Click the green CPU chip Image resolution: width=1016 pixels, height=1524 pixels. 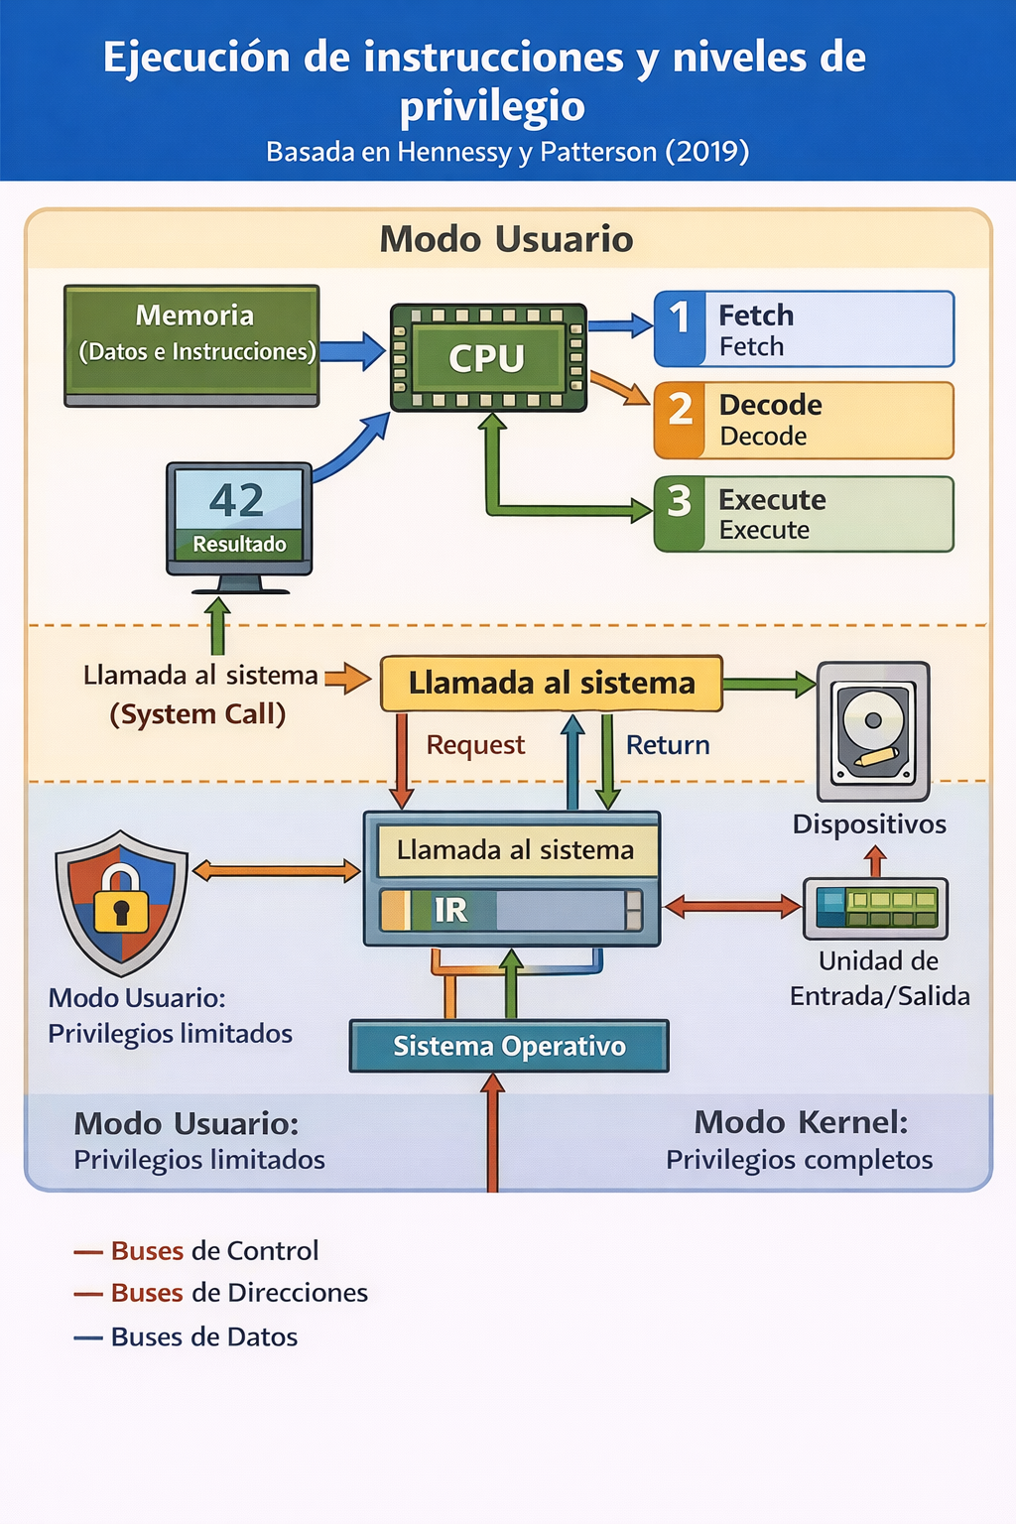488,358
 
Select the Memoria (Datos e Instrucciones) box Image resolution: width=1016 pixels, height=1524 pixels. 191,345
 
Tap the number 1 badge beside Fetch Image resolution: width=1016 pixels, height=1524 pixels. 679,329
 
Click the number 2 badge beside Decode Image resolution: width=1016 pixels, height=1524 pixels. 679,420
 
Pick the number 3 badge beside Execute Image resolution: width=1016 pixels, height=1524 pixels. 679,514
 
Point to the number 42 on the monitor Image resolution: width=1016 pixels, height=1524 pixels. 236,500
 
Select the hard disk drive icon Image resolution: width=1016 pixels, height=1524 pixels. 873,731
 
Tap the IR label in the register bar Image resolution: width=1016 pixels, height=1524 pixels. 450,910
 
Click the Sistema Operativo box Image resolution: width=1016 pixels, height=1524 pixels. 509,1046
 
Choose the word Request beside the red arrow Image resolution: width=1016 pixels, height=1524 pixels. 475,745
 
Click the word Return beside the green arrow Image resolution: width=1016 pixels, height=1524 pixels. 668,745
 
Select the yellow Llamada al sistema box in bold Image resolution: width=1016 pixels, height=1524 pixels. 552,683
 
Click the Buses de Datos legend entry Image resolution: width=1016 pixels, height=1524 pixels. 186,1336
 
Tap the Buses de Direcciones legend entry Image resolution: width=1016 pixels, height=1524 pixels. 221,1293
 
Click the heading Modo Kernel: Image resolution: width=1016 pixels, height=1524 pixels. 801,1122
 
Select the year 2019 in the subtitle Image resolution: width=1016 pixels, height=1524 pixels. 707,151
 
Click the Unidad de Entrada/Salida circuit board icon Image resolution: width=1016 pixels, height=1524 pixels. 876,908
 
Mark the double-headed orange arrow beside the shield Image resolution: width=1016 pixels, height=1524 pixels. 276,870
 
